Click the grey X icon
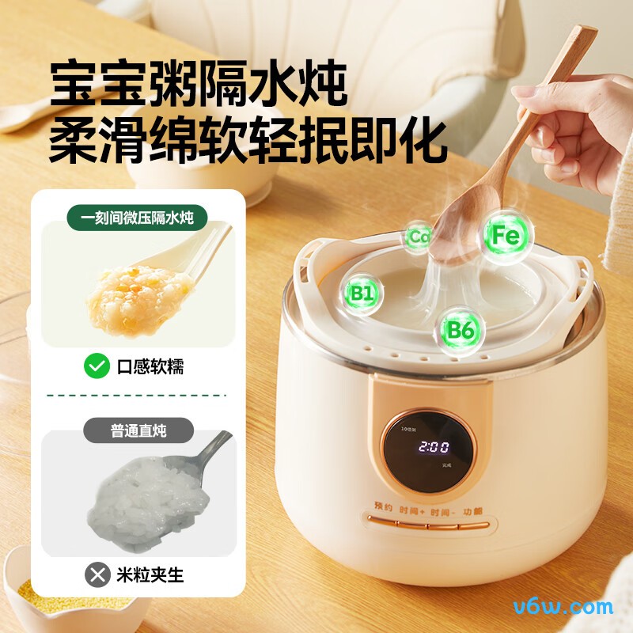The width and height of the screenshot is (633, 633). click(x=97, y=574)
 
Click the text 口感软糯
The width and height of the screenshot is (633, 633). click(x=150, y=366)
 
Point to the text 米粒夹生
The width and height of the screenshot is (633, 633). click(x=150, y=575)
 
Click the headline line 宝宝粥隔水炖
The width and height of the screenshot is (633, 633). click(x=198, y=85)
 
